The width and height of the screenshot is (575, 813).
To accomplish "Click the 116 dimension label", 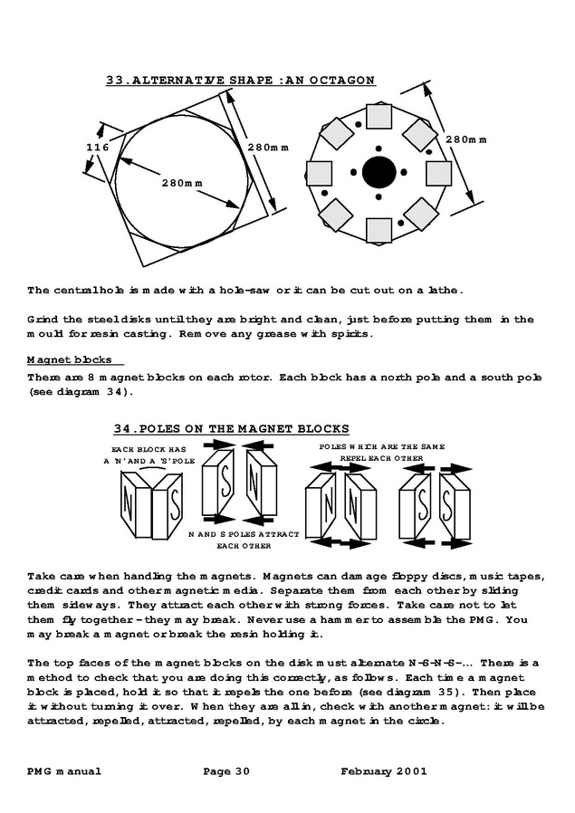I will pyautogui.click(x=97, y=148).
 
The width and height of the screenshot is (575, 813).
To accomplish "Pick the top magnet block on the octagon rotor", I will pyautogui.click(x=377, y=117).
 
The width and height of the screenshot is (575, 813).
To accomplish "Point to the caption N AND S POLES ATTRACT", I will pyautogui.click(x=243, y=535).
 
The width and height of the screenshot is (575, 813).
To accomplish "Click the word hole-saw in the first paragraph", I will pyautogui.click(x=245, y=291).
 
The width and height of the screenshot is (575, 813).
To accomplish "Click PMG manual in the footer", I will pyautogui.click(x=64, y=771).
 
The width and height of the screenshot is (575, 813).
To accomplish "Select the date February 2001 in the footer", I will pyautogui.click(x=384, y=771).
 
